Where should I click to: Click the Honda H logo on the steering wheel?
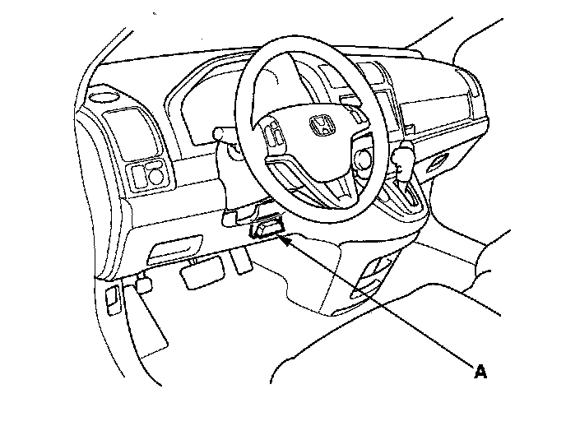pyautogui.click(x=319, y=126)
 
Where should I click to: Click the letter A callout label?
pyautogui.click(x=480, y=372)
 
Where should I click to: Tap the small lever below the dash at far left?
pyautogui.click(x=142, y=285)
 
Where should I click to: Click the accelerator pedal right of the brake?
pyautogui.click(x=241, y=260)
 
